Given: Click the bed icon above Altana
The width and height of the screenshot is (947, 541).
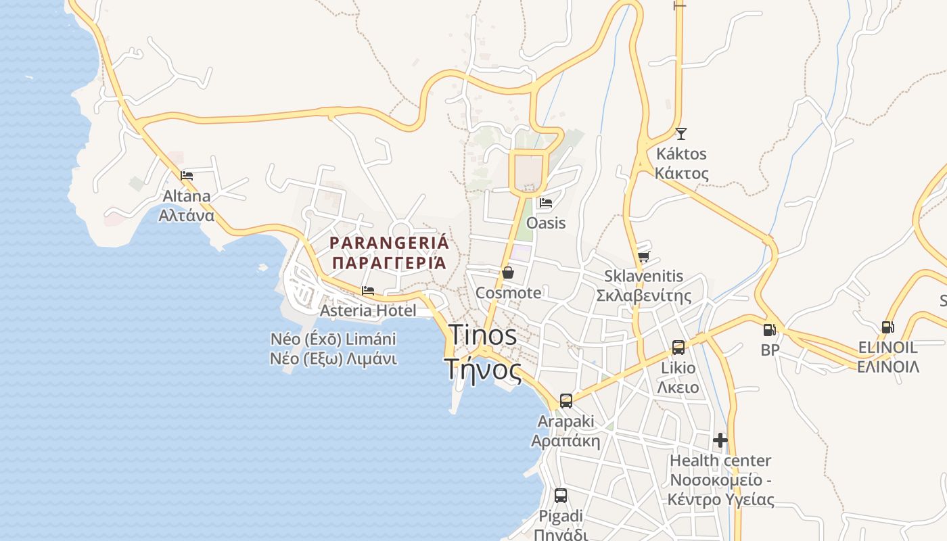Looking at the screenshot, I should tap(187, 176).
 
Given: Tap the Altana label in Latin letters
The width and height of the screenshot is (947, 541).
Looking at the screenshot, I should tap(186, 196).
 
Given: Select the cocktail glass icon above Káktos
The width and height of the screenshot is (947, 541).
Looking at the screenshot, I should tap(680, 133).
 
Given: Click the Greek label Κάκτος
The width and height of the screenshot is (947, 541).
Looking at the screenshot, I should tap(681, 173).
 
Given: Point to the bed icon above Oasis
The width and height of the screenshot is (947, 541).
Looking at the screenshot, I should tap(545, 202).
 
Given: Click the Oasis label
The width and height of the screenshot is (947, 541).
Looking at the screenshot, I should tap(545, 222).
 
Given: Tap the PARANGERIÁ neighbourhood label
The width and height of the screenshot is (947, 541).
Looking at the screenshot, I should tap(389, 243).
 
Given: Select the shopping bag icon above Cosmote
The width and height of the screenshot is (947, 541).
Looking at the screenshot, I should tap(507, 273).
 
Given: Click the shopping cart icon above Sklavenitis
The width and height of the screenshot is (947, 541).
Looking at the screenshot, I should tap(643, 256).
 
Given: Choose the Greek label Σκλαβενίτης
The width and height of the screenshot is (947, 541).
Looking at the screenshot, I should tap(643, 296).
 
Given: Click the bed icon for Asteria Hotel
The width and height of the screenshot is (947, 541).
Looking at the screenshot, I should tap(368, 291).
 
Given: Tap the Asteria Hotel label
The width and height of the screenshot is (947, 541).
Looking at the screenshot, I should tap(368, 310).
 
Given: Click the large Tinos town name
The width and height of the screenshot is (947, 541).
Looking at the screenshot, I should tap(483, 335).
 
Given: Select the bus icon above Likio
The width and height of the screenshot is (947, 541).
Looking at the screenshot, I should tap(678, 348).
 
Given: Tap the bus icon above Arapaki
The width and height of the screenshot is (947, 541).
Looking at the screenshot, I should tap(565, 401).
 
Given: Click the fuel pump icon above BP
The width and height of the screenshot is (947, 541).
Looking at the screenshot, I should tap(769, 329).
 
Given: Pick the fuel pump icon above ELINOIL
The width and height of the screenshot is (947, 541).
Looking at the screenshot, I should tap(887, 327).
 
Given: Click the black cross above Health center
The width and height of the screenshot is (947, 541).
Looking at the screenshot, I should tap(720, 440).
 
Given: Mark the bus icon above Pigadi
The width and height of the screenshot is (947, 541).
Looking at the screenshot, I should tap(560, 496).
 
